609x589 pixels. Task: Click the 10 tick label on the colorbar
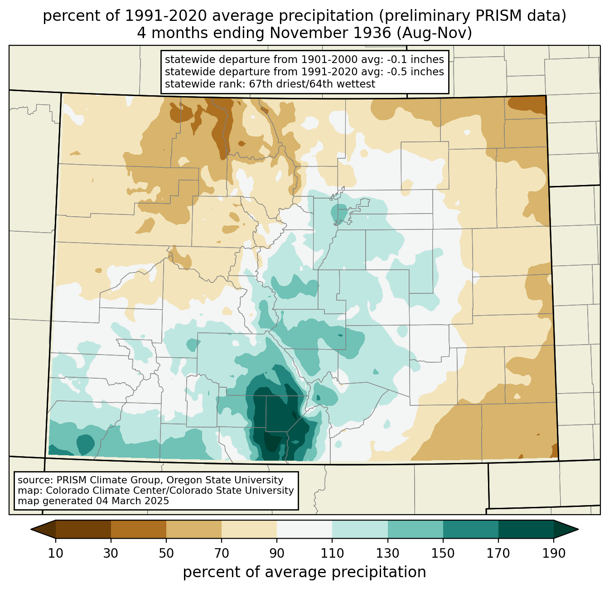coord(55,553)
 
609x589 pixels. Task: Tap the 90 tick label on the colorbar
coord(277,553)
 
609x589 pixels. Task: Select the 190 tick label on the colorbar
coord(554,553)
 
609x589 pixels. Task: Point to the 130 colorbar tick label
coord(387,553)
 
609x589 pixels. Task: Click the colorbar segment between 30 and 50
coord(138,529)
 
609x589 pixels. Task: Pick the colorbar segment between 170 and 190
coord(526,529)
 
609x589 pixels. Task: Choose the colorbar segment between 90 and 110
coord(304,529)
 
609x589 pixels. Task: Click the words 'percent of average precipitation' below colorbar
coord(304,572)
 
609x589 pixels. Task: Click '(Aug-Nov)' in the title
coord(435,33)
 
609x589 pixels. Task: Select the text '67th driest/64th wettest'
coord(312,84)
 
